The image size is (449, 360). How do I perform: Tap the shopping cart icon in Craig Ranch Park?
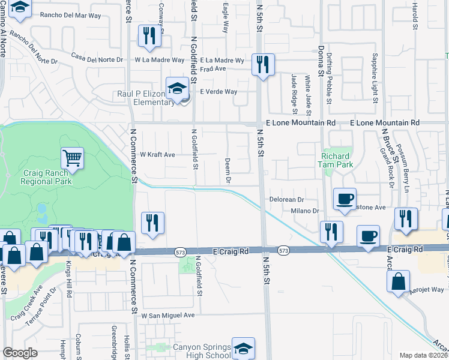(72, 158)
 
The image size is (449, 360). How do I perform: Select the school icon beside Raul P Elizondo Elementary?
(177, 89)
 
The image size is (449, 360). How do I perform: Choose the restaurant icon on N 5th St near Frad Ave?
(263, 64)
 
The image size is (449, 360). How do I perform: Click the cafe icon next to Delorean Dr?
(345, 199)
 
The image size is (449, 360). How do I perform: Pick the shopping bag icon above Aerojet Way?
(399, 283)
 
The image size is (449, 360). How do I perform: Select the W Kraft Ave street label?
(157, 155)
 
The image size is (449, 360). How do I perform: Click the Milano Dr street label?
(304, 211)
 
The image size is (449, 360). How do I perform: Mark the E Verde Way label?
(218, 92)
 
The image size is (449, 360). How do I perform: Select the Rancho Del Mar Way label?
(70, 16)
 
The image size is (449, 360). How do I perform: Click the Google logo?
(20, 353)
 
